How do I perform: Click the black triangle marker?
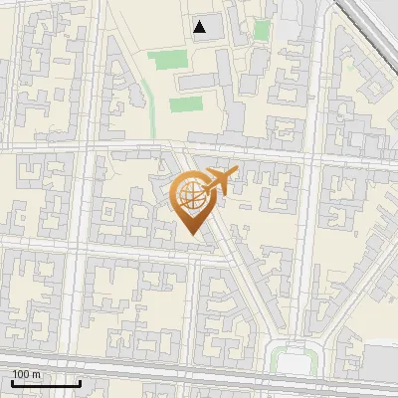(x=201, y=27)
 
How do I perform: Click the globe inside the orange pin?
(x=190, y=195)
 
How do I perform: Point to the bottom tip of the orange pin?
(x=190, y=234)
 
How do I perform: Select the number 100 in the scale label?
(x=21, y=374)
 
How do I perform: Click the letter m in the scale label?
(x=36, y=374)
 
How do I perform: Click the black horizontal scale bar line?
(x=45, y=383)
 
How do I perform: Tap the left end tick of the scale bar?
(x=11, y=381)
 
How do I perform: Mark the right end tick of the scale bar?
(x=80, y=381)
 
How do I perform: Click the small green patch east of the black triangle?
(x=261, y=30)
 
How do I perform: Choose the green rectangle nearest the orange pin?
(x=185, y=103)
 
